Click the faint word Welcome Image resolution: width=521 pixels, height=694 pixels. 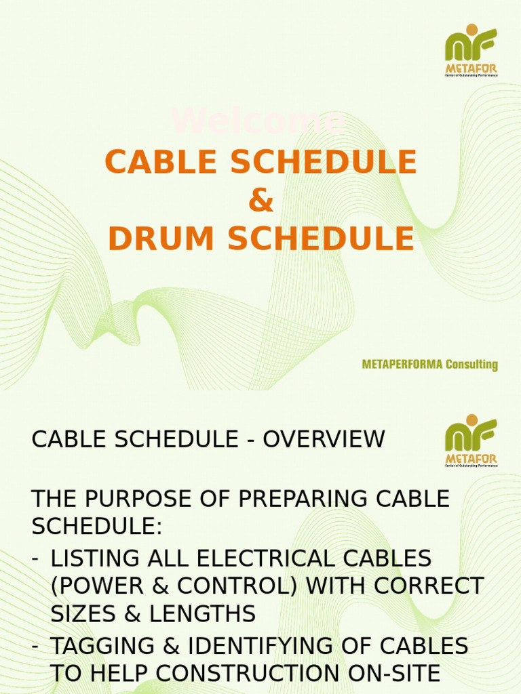point(258,121)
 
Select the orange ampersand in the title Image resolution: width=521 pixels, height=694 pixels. point(260,201)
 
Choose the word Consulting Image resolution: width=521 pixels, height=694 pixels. point(471,365)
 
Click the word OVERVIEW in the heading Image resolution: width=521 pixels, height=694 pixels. point(324,440)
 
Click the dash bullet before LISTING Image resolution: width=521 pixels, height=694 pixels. point(35,558)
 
